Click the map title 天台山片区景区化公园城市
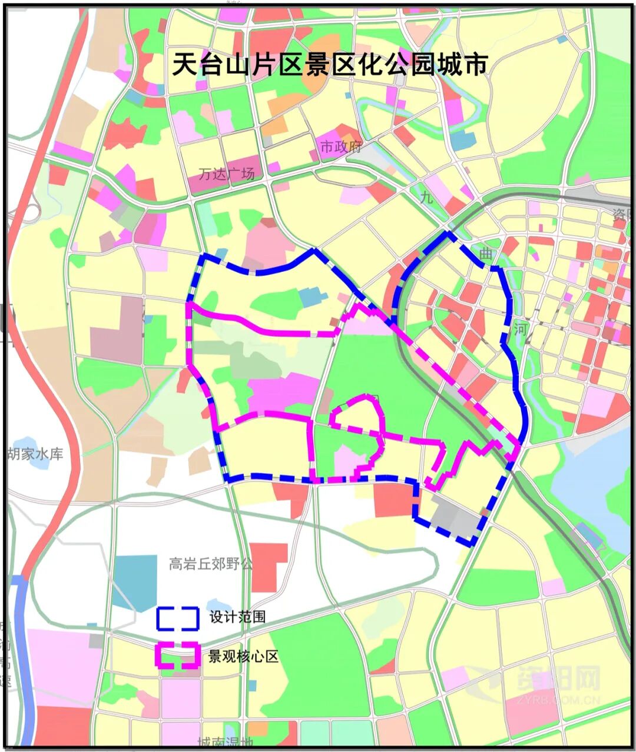[330, 64]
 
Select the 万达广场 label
[227, 174]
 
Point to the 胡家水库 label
[35, 454]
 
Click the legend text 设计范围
[237, 617]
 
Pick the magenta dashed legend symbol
[177, 655]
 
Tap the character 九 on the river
[426, 198]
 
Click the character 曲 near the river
[485, 254]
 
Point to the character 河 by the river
[519, 329]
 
